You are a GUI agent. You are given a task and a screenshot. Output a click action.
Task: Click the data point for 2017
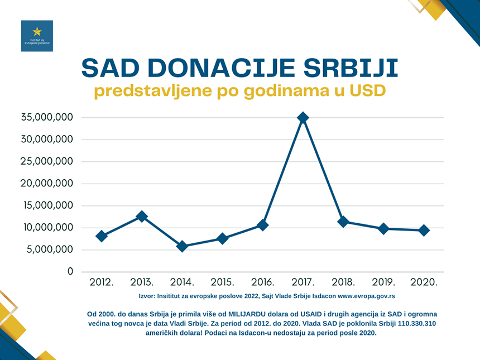303,118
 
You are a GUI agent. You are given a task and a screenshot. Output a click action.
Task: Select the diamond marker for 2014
182,246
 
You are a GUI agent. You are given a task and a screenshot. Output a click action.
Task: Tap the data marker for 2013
142,217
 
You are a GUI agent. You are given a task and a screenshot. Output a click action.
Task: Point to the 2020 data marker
424,231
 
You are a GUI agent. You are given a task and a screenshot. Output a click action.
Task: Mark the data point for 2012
102,236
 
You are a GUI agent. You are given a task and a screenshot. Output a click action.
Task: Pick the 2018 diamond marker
343,222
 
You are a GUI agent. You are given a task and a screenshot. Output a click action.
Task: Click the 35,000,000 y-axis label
47,118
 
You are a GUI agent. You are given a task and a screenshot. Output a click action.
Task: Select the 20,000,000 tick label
47,184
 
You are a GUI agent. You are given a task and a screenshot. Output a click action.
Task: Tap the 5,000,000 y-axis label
50,249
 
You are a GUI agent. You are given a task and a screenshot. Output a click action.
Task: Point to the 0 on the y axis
70,271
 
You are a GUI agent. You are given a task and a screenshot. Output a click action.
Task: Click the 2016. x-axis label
262,282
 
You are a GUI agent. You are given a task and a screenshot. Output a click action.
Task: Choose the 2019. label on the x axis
383,282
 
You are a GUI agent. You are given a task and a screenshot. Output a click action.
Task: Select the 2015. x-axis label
222,282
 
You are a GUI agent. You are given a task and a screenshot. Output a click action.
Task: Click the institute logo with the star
37,36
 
